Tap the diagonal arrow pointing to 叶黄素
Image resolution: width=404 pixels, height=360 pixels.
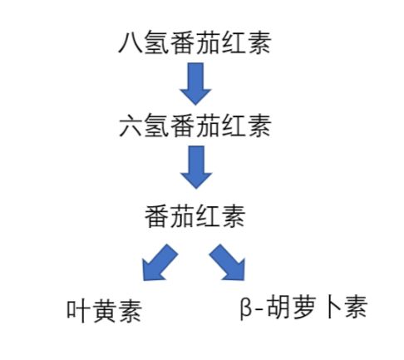158,264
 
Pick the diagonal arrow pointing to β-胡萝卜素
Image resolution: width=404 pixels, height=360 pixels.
229,264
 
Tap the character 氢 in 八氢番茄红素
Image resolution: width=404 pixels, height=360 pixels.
158,42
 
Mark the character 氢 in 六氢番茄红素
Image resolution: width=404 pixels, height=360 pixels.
158,128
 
